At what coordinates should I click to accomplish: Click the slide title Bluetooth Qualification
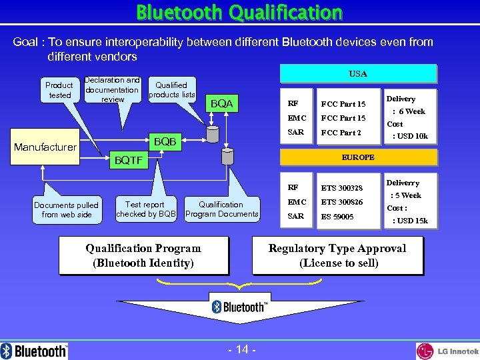click(239, 13)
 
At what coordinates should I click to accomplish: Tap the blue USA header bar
click(358, 73)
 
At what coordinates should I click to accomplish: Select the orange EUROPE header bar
click(358, 157)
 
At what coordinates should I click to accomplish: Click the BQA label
click(221, 103)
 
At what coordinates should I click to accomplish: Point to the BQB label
click(165, 141)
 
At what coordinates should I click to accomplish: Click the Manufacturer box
click(45, 147)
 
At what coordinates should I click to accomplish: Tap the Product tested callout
click(59, 90)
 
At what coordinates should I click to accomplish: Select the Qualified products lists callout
click(171, 89)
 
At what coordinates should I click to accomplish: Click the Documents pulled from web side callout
click(66, 209)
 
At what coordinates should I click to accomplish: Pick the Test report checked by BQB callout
click(145, 209)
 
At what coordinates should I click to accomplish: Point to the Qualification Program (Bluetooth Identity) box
click(143, 255)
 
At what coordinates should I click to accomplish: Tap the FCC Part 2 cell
click(341, 132)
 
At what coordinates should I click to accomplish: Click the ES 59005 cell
click(337, 217)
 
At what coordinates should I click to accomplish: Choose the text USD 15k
click(411, 221)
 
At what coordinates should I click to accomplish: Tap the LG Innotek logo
click(447, 351)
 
